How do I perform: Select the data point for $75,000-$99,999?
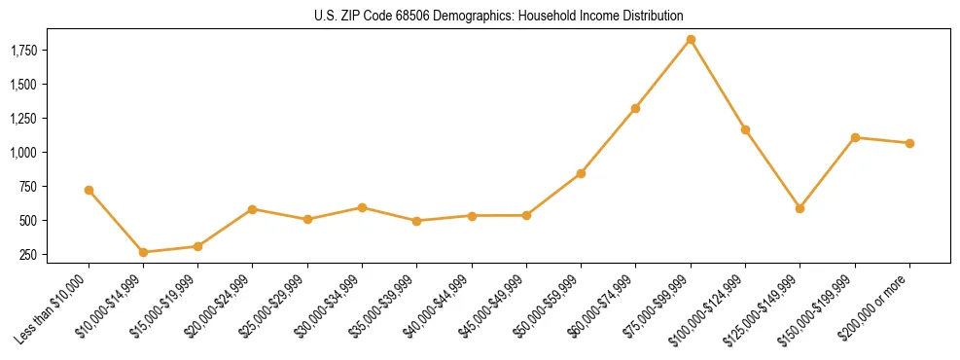point(691,40)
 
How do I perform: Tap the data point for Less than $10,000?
point(89,190)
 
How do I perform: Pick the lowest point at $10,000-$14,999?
point(144,252)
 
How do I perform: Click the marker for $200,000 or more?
point(909,143)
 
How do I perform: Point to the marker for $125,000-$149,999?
point(800,208)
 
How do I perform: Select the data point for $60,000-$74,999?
point(635,108)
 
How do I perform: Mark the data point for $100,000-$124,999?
point(745,129)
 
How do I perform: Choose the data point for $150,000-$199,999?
point(855,137)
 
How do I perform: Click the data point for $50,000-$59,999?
point(581,173)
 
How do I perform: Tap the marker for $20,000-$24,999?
point(253,209)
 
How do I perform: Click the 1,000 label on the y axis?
point(22,153)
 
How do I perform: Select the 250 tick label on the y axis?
point(28,255)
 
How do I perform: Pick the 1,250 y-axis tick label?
point(22,119)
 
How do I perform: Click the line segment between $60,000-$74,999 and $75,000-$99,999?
point(663,74)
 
